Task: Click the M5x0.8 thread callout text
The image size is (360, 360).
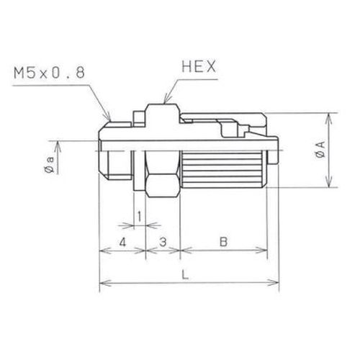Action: pyautogui.click(x=50, y=73)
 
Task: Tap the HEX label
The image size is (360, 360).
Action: pyautogui.click(x=199, y=66)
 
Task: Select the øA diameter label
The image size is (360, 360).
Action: pyautogui.click(x=320, y=149)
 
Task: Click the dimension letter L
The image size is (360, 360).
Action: pyautogui.click(x=185, y=274)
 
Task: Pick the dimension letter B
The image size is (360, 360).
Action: pyautogui.click(x=223, y=241)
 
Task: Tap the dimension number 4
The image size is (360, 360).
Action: pyautogui.click(x=122, y=242)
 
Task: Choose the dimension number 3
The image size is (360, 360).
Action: pyautogui.click(x=163, y=242)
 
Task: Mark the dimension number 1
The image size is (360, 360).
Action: pyautogui.click(x=139, y=216)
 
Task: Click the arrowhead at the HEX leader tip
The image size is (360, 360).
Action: pyautogui.click(x=166, y=99)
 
